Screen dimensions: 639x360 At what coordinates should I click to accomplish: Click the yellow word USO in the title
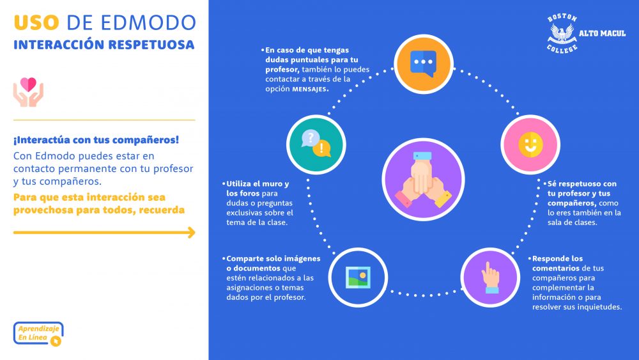36,23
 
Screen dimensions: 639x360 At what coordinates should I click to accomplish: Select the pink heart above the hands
28,84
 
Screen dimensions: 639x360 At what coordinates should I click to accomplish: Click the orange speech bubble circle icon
424,64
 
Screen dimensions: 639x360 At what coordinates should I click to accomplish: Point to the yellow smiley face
530,145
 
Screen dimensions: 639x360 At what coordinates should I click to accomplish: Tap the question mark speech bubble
311,138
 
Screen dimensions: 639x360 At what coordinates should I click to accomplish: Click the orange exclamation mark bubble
322,148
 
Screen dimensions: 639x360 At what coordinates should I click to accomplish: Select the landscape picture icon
358,278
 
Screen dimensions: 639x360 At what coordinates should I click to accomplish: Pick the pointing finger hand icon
490,278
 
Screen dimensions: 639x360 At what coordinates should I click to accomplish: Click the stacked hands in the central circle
423,180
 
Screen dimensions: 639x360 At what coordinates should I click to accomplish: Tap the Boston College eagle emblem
562,33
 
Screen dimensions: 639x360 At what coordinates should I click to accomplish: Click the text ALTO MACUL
603,33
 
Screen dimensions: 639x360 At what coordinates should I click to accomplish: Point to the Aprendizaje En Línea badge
38,334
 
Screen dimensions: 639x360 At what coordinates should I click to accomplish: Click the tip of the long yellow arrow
195,232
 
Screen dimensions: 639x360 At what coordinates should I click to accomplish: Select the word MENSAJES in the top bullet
310,90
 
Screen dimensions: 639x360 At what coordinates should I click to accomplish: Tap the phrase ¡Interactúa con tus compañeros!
96,140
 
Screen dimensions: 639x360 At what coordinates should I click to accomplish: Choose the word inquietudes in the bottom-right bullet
601,307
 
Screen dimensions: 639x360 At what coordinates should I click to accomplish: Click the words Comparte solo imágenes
273,259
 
